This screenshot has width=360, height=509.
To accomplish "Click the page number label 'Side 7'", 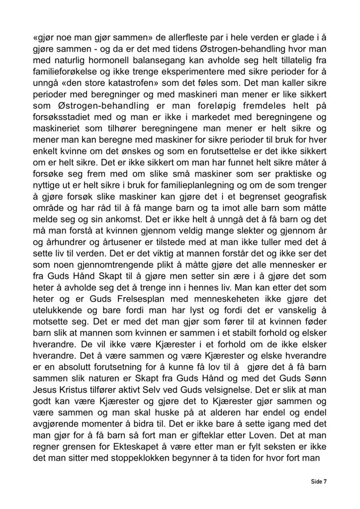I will [318, 481].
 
